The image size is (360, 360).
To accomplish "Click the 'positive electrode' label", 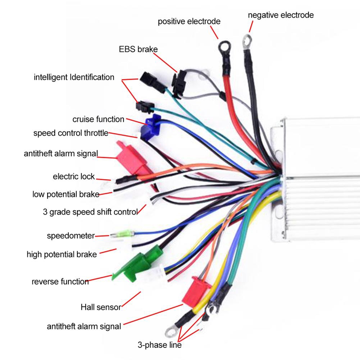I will [189, 22].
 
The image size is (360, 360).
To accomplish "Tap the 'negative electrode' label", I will [281, 15].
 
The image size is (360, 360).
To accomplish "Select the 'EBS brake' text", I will [138, 49].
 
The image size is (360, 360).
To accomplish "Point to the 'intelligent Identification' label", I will [74, 77].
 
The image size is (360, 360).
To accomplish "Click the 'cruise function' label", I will [98, 119].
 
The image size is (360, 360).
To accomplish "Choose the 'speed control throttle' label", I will [71, 133].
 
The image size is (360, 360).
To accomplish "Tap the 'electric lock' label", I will [74, 177].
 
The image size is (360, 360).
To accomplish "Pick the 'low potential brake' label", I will [65, 195].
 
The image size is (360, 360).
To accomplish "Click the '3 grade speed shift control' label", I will [90, 211].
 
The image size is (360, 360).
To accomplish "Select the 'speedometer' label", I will [70, 236].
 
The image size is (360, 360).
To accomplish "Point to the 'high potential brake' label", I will [61, 255].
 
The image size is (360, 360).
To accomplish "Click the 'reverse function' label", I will [60, 281].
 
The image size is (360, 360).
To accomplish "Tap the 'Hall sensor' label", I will [101, 307].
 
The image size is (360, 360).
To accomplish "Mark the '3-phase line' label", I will [159, 345].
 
